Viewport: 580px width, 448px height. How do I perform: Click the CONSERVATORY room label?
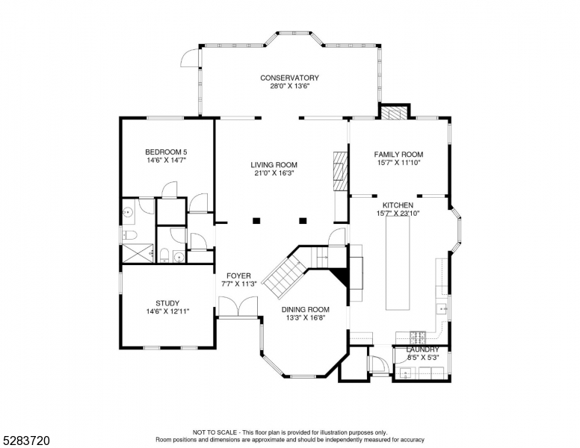pos(289,78)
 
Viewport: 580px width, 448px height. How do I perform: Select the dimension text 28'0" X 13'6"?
pos(289,87)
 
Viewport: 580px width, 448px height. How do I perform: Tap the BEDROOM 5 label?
pos(166,152)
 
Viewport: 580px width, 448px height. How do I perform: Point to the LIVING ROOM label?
pos(274,165)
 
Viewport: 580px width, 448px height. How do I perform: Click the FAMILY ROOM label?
pos(398,155)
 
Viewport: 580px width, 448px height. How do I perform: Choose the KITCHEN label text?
pos(398,205)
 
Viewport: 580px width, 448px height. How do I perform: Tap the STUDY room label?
pos(167,303)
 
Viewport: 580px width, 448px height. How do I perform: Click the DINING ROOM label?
pos(305,309)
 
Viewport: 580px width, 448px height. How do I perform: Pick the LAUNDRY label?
pos(422,349)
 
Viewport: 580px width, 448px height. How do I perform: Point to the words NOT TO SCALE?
pos(215,432)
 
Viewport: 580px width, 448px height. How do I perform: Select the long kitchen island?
pos(398,265)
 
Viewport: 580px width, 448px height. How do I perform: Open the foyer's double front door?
pos(238,307)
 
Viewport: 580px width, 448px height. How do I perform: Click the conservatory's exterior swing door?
pos(190,57)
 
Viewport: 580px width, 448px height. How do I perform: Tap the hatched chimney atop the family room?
pos(395,112)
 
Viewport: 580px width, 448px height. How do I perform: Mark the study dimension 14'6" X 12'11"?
pos(167,311)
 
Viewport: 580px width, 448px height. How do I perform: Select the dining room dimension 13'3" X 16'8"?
pos(305,317)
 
